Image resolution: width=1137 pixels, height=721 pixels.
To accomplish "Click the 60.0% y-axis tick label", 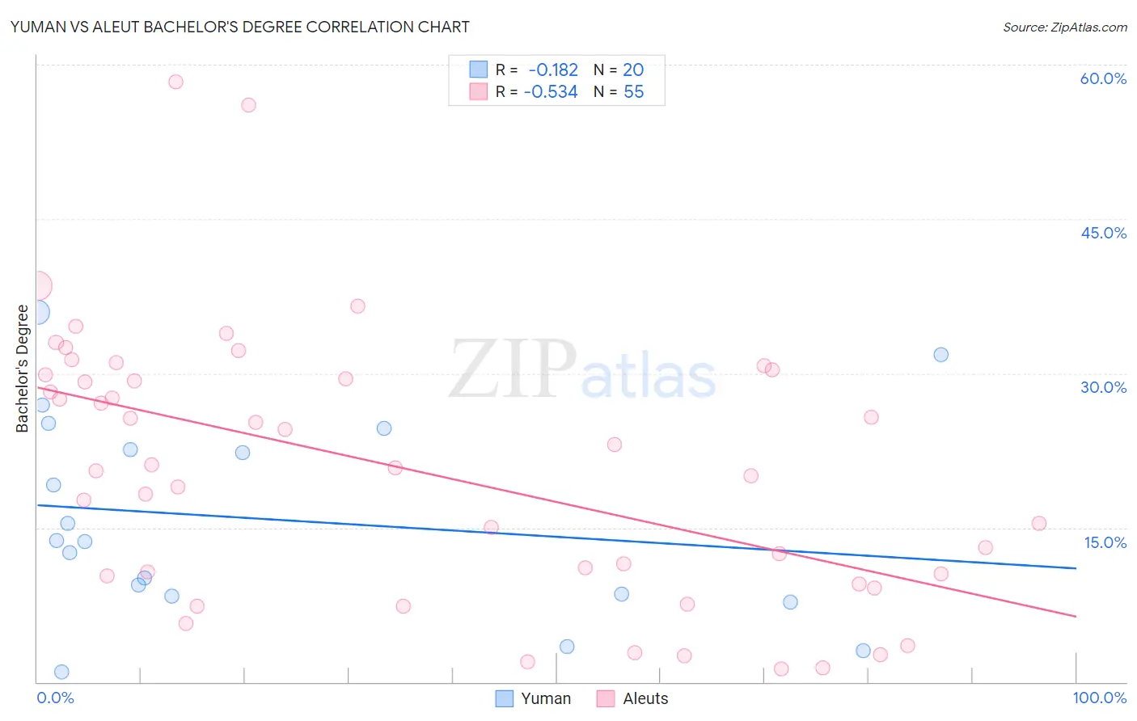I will [1103, 78].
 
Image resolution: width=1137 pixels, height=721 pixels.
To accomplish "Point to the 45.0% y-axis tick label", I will [1103, 233].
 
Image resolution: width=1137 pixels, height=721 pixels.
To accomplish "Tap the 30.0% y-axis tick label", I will [1103, 387].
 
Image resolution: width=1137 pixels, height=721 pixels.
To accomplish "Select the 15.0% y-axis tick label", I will [1105, 542].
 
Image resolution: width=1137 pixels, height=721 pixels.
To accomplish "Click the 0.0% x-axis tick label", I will [55, 698].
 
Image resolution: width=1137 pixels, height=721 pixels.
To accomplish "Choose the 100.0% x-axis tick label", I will [1099, 698].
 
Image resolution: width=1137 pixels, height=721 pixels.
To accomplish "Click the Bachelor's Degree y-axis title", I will [22, 368].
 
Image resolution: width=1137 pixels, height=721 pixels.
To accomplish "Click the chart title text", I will [239, 27].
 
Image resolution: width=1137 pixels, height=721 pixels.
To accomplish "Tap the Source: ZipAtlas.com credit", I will [1064, 27].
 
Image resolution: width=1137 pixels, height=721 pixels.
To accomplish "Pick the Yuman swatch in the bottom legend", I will [505, 698].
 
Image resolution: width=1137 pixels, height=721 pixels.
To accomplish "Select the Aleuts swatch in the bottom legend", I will [606, 698].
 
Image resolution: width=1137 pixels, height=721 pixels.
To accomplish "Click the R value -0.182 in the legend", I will [553, 70].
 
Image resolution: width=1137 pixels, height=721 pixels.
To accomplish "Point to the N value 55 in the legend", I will [633, 92].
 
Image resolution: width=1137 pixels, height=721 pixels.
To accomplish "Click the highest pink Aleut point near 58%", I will [175, 82].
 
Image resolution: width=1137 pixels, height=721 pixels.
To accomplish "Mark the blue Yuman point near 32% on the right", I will [940, 355].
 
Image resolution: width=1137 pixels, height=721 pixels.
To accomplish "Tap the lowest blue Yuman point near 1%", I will [61, 672].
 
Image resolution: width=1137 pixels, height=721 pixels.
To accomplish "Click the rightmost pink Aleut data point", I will [1039, 523].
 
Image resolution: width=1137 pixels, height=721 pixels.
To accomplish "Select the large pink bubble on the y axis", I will [37, 285].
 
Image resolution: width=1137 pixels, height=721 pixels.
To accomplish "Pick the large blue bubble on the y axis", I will [37, 312].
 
